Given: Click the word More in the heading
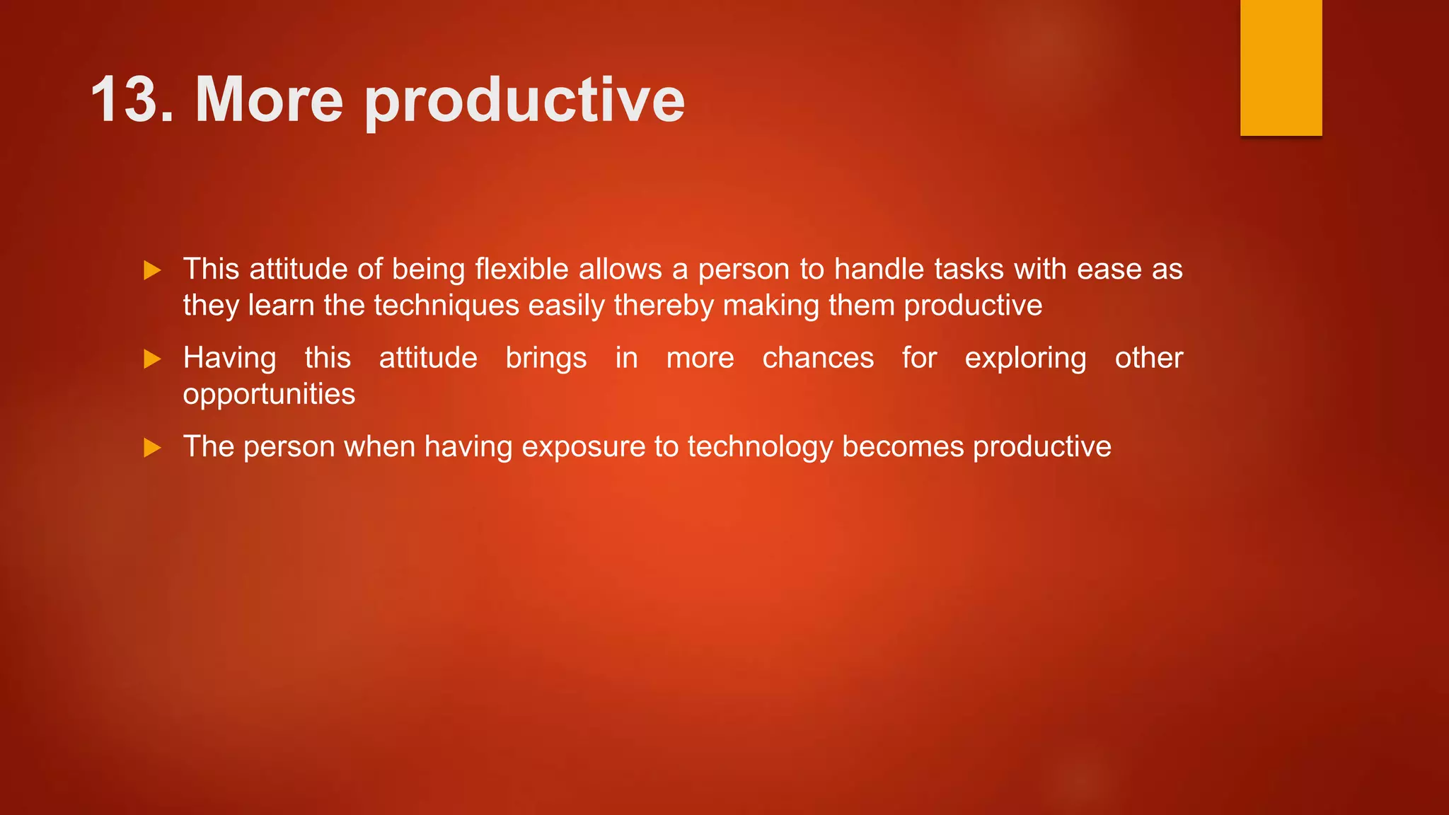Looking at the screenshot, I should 269,100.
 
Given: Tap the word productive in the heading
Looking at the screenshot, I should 524,103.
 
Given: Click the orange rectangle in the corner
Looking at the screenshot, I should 1281,67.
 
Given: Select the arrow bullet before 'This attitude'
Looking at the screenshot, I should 152,270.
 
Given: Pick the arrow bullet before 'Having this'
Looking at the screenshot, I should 152,359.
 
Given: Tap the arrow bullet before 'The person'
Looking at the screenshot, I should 152,448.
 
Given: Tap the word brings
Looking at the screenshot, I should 545,359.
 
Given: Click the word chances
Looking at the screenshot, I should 818,358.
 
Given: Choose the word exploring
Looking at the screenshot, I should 1025,359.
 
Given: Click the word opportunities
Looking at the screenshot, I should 269,395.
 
